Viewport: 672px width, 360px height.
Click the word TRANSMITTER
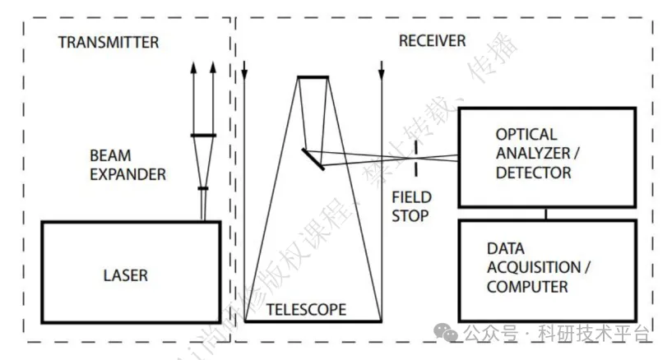coord(108,42)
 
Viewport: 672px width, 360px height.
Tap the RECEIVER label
coord(432,41)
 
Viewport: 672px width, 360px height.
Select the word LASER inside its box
coord(125,275)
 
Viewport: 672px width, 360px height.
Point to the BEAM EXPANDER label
coord(127,164)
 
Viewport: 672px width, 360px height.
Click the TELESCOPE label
coord(306,310)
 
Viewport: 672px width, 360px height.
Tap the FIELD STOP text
coord(410,207)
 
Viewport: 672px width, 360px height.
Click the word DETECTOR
coord(533,173)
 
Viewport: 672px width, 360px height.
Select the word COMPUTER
coord(527,287)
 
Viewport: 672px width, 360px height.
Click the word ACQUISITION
coord(533,267)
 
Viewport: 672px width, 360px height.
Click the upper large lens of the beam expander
coord(203,136)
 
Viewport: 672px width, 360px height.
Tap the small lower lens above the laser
coord(203,188)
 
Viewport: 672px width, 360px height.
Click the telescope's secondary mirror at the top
coord(313,77)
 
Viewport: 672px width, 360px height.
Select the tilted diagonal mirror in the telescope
coord(311,159)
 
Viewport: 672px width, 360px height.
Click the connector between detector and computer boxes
coord(545,214)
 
